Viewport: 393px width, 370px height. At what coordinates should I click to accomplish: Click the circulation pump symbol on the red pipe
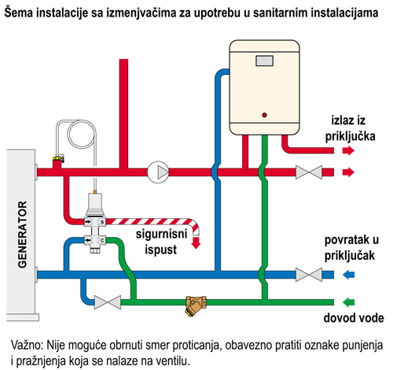click(158, 172)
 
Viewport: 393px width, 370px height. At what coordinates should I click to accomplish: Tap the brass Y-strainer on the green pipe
click(196, 305)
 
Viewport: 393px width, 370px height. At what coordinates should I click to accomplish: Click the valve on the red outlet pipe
click(309, 172)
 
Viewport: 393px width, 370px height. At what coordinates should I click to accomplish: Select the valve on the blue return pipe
click(309, 275)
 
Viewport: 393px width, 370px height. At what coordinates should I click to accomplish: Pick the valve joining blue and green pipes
click(108, 302)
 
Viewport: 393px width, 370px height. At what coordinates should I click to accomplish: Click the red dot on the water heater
click(264, 115)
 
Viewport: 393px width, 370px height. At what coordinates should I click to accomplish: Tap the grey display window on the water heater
click(264, 61)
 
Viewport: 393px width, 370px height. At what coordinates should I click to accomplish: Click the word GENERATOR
click(23, 235)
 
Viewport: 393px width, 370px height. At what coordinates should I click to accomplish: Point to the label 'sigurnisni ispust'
click(161, 242)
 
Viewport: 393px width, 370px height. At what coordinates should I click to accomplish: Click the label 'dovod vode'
click(354, 318)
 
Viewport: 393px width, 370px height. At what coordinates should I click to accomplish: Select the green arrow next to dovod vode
click(348, 302)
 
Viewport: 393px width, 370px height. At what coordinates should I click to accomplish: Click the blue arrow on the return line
click(348, 275)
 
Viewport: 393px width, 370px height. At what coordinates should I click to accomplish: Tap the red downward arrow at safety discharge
click(196, 242)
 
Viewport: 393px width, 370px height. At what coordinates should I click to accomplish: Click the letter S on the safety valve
click(102, 222)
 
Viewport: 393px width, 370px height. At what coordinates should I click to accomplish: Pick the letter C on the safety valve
click(102, 240)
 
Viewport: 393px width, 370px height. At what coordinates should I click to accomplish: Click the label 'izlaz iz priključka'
click(350, 128)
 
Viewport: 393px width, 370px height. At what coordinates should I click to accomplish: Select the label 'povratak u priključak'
click(351, 248)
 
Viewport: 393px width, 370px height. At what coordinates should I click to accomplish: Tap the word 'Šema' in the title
click(20, 13)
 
